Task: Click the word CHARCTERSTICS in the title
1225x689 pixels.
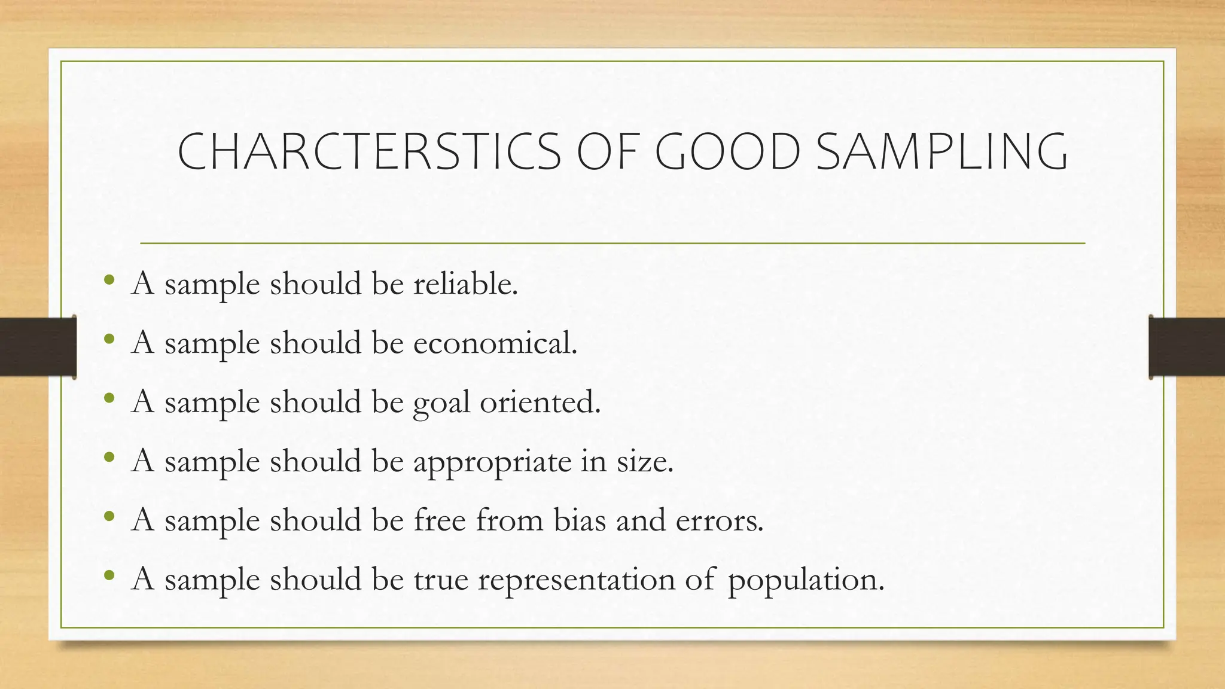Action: coord(369,152)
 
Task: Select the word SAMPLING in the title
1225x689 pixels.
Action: coord(941,152)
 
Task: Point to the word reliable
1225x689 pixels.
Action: coord(465,283)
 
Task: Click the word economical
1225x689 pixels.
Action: coord(495,343)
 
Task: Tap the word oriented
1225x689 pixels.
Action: coord(540,402)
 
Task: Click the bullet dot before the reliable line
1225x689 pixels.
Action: coord(108,279)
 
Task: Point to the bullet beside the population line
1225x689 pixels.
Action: coord(108,575)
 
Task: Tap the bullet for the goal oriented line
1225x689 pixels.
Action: coord(108,398)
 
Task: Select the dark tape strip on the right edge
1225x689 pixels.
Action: coord(1187,347)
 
